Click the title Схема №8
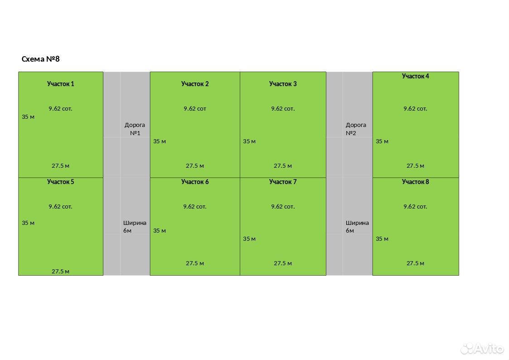[41, 59]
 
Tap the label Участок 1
[60, 84]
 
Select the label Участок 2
[195, 84]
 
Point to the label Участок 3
[283, 84]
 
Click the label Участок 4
[415, 76]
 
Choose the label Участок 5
[60, 182]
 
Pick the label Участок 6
[195, 182]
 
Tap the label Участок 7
[283, 182]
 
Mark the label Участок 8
[415, 182]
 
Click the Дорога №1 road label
[135, 129]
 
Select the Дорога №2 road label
[356, 129]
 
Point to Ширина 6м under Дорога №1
[135, 227]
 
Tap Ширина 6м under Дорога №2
[357, 227]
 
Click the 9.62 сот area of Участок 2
[195, 109]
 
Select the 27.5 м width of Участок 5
[60, 272]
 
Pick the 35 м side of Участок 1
[28, 117]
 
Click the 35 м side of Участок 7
[249, 239]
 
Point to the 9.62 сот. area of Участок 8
[415, 206]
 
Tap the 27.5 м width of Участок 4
[415, 166]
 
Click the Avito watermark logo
[482, 348]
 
